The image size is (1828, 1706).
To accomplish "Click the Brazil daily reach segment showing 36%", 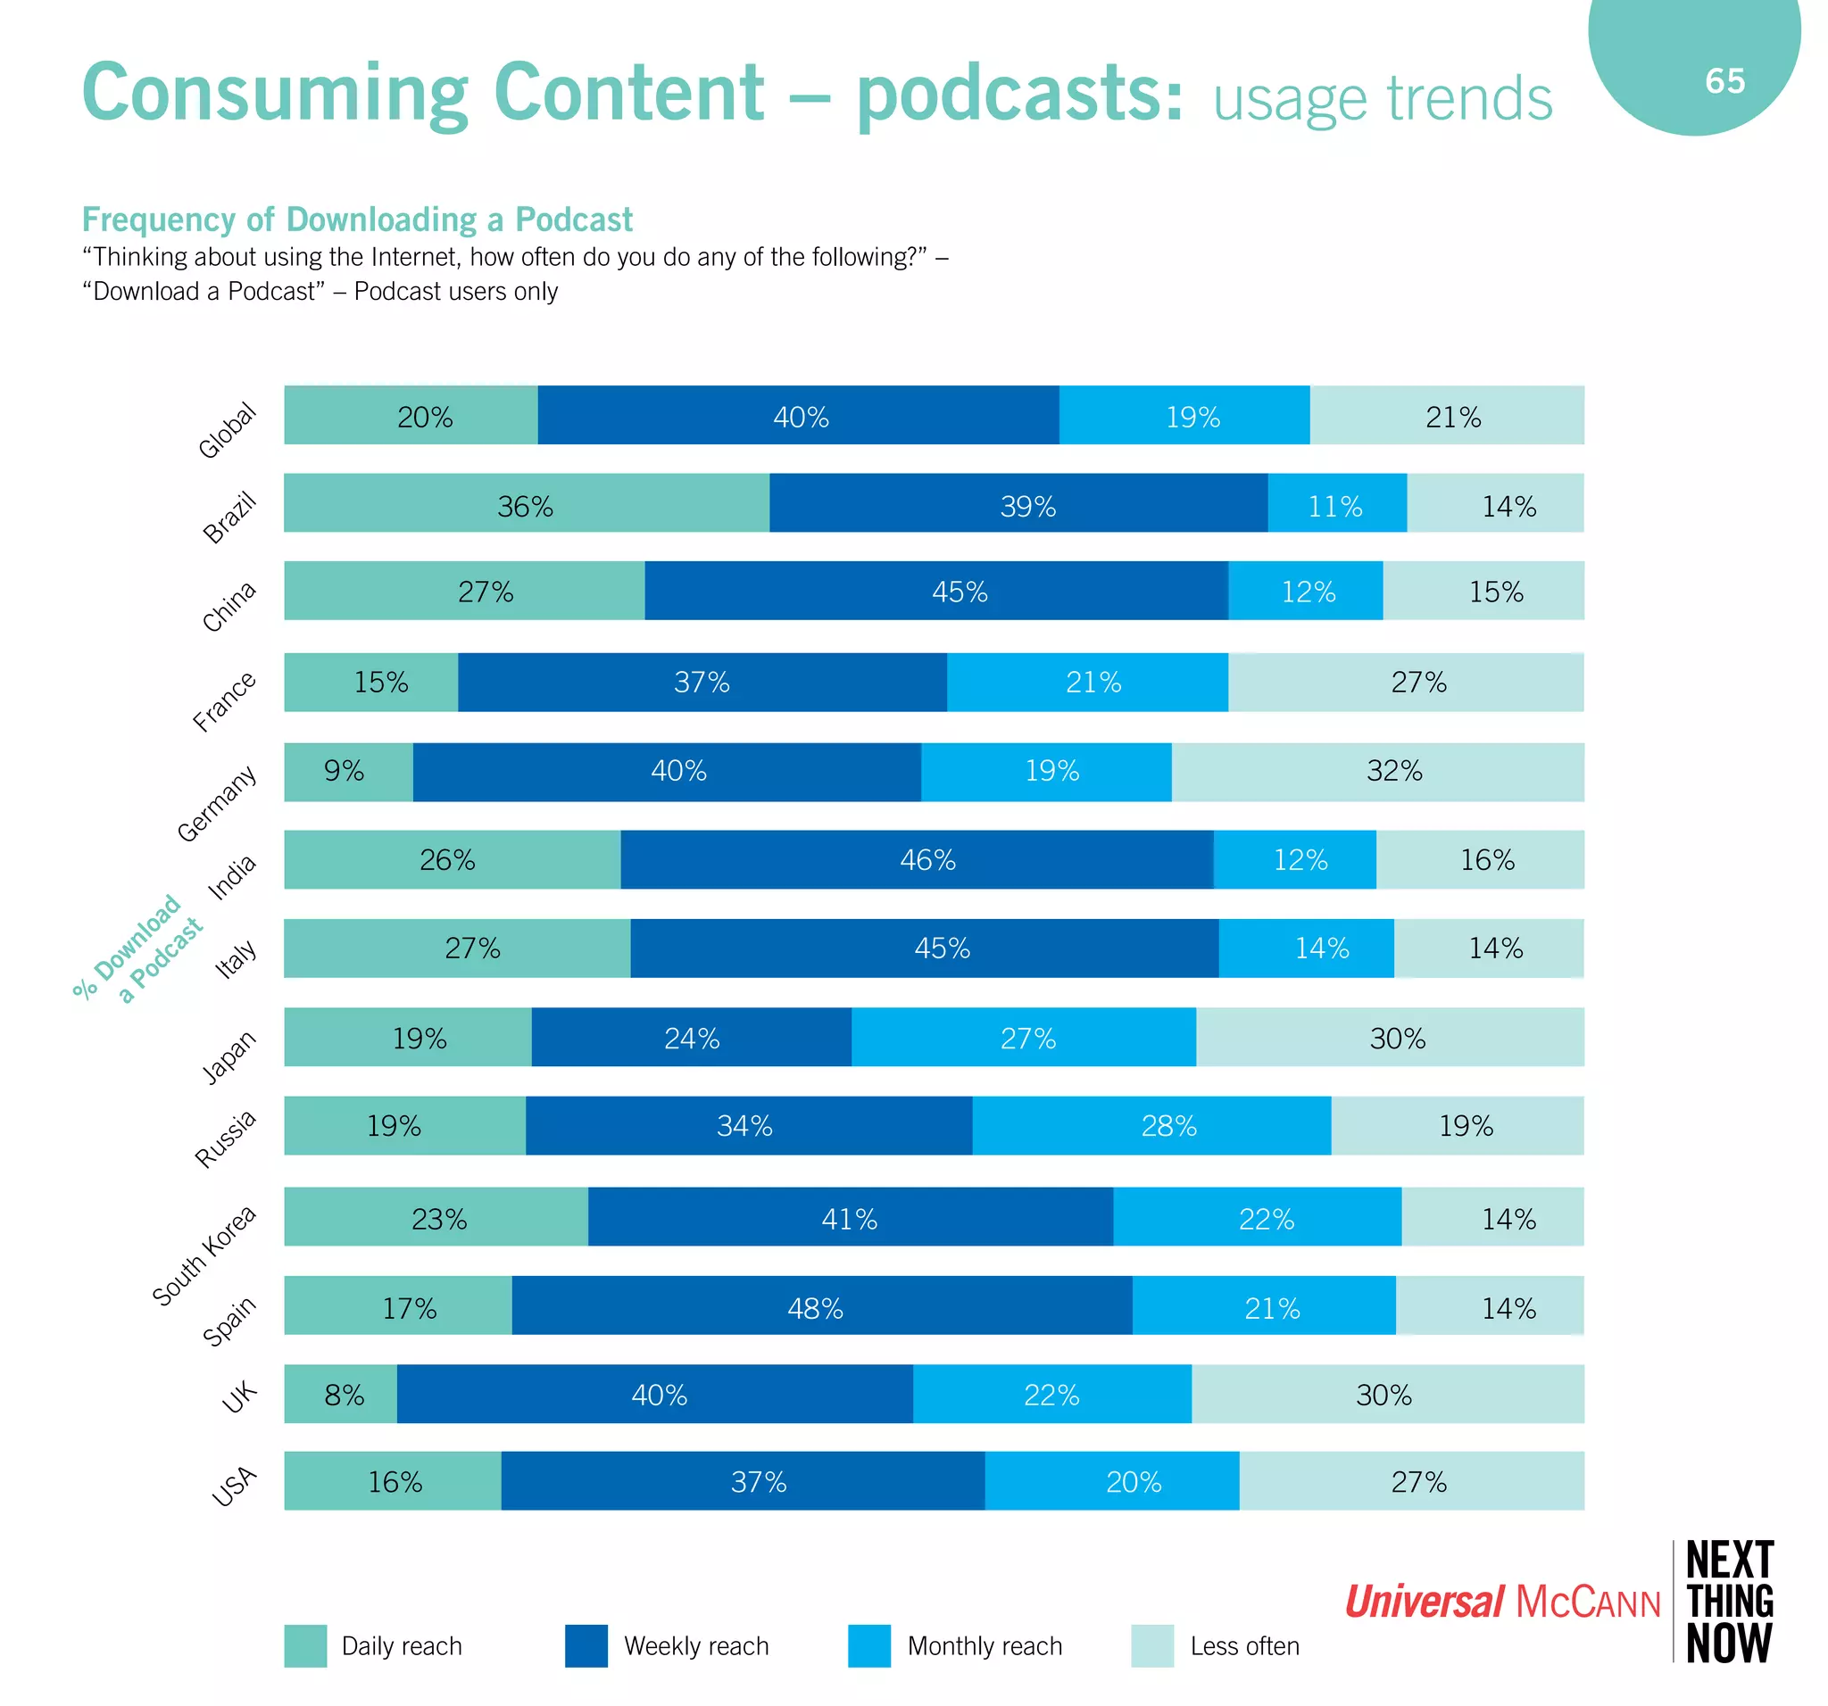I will click(526, 503).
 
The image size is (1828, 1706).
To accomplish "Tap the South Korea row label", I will click(204, 1255).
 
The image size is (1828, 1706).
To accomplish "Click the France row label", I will click(224, 701).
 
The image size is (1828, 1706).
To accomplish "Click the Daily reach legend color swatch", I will click(305, 1645).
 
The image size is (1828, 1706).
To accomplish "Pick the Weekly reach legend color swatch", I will click(586, 1645).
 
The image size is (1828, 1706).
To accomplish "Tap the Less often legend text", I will click(1244, 1645).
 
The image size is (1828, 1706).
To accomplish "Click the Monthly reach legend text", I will click(984, 1645).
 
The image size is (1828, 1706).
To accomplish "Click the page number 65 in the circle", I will click(1724, 81).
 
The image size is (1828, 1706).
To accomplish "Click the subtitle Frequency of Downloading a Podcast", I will click(357, 219).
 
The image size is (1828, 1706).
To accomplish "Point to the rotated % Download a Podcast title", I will click(138, 948).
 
